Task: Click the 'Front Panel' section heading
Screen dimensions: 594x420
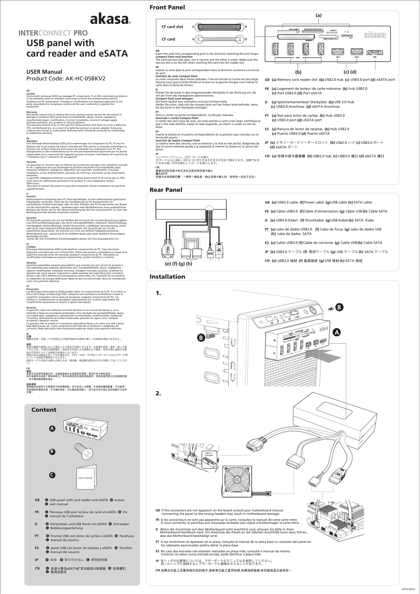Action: point(167,7)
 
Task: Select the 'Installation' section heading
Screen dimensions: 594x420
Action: point(167,277)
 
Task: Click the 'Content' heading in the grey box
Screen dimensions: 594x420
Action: point(44,410)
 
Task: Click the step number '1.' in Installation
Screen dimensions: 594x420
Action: point(158,293)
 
